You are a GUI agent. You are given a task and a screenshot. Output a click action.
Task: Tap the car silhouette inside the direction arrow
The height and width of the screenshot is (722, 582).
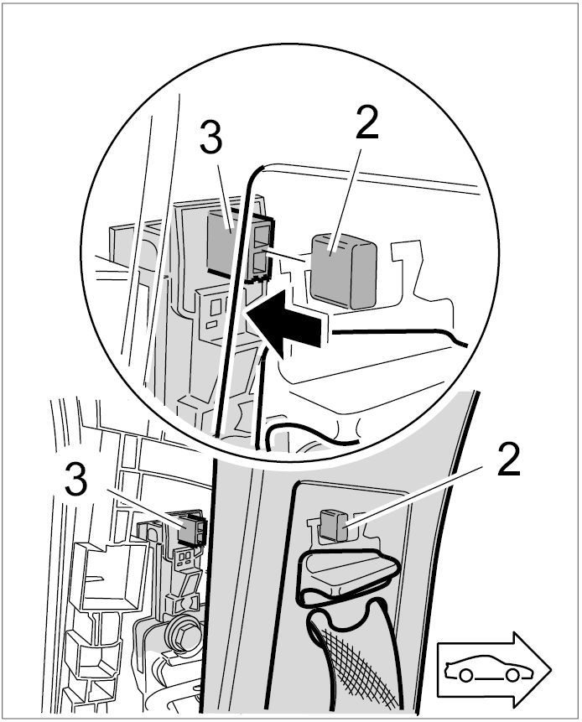click(485, 669)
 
